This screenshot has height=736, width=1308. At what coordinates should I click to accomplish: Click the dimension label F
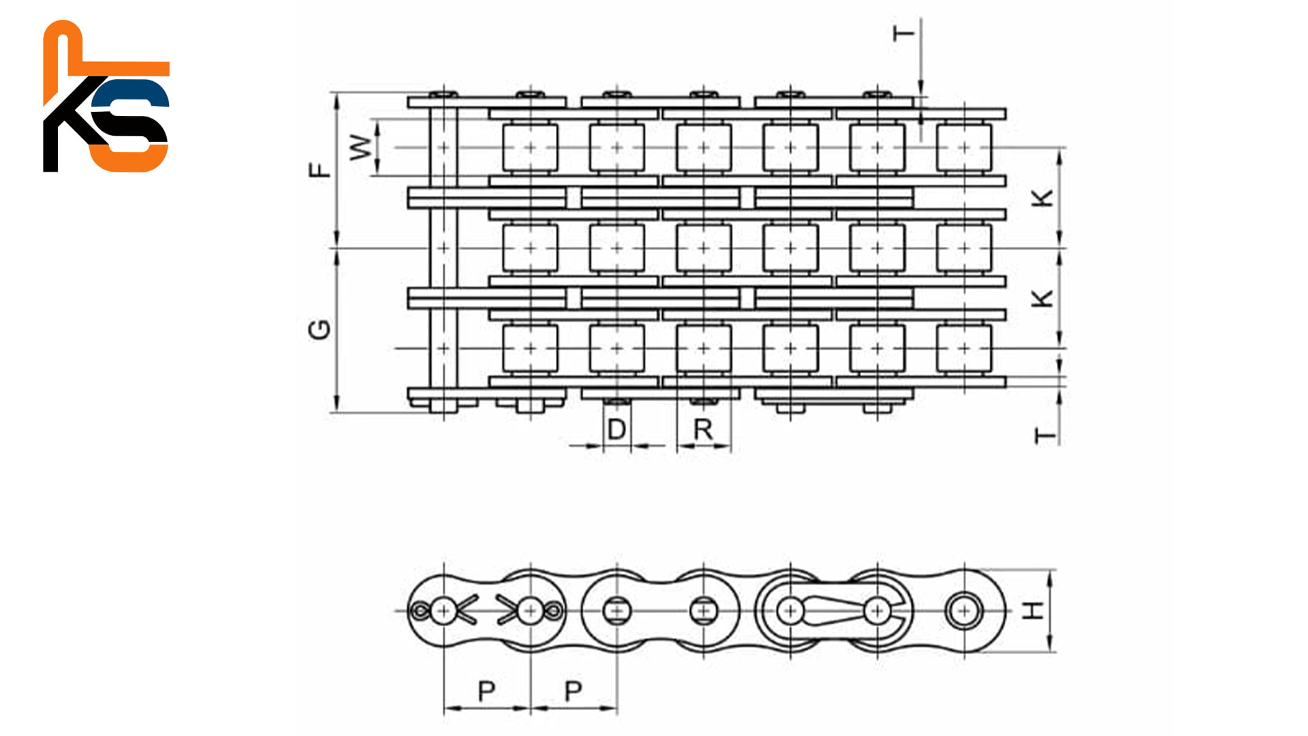click(x=319, y=170)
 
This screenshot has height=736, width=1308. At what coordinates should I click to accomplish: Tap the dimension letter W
click(x=361, y=147)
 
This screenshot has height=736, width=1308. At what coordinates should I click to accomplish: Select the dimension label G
click(x=319, y=330)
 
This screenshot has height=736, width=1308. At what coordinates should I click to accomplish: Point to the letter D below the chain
click(x=616, y=430)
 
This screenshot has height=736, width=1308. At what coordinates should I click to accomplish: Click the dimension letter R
click(x=702, y=430)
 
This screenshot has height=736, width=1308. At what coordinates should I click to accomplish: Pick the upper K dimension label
click(x=1042, y=198)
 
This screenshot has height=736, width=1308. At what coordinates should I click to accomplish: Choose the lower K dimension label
click(x=1042, y=298)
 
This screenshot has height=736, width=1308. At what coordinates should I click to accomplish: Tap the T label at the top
click(x=904, y=33)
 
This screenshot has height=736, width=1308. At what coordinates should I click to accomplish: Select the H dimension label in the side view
click(x=1034, y=610)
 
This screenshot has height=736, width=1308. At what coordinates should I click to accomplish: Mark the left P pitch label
click(x=486, y=691)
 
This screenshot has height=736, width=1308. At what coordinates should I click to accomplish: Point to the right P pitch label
click(x=573, y=691)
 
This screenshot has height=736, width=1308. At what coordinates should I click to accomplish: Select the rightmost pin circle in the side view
click(x=963, y=611)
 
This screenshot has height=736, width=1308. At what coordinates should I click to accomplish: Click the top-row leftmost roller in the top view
click(x=529, y=147)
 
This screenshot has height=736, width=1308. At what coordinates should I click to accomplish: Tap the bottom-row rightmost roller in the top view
click(x=963, y=348)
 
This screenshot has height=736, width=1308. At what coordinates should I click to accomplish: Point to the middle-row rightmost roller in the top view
click(x=963, y=248)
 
